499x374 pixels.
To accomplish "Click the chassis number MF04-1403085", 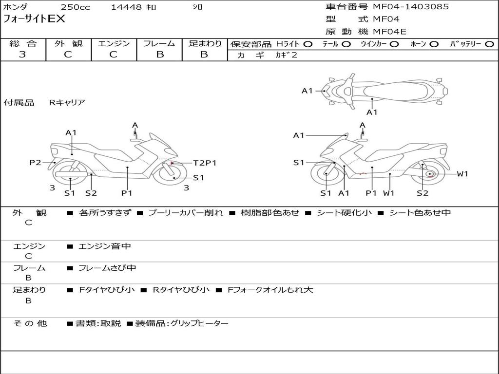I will tap(411, 7).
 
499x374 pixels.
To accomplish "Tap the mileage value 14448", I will tap(126, 7).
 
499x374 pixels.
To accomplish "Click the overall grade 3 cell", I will tap(22, 55).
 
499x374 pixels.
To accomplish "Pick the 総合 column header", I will tap(23, 44).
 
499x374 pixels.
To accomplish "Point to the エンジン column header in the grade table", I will tap(114, 44).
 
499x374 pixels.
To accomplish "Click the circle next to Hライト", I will tap(308, 44).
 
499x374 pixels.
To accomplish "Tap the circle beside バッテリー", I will tap(489, 44).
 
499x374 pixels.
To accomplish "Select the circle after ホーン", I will tap(434, 44).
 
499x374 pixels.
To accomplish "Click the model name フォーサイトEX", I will tap(34, 19).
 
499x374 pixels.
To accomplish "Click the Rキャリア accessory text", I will tap(67, 102).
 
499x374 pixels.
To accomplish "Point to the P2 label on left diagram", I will tap(35, 163).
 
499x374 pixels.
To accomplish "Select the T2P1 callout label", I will tap(205, 163).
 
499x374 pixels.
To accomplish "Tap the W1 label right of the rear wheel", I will tap(462, 174).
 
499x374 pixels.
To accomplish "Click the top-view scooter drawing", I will tap(385, 91).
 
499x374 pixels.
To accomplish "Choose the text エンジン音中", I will tap(105, 246).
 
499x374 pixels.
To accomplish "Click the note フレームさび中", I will tap(107, 268).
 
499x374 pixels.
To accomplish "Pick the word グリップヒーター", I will tap(199, 323).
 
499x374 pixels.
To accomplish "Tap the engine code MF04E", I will tap(389, 32).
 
